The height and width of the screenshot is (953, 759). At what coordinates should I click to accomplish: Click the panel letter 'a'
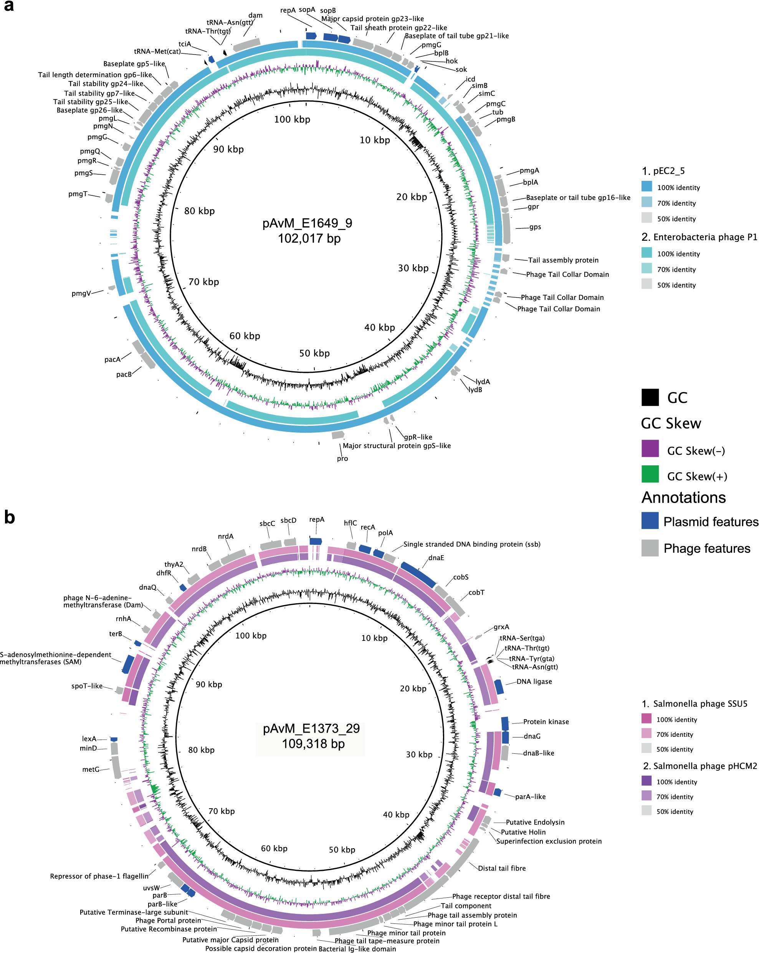click(9, 6)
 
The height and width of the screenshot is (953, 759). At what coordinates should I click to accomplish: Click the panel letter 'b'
click(9, 517)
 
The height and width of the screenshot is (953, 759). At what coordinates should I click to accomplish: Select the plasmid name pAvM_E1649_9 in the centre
click(307, 223)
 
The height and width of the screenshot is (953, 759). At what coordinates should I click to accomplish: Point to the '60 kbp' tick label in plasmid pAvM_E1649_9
click(245, 336)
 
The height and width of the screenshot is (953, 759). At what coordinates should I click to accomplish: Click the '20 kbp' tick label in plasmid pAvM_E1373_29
click(413, 689)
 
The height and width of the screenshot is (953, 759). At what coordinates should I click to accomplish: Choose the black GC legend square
click(650, 397)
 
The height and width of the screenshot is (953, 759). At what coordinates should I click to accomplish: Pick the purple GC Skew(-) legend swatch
click(650, 448)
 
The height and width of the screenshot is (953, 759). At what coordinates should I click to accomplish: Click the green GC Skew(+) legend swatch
click(650, 474)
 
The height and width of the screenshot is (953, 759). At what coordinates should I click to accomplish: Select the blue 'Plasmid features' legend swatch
click(650, 521)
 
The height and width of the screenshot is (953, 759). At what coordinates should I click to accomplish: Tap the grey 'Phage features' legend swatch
click(650, 548)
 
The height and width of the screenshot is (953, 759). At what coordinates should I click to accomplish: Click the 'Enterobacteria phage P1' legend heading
click(705, 237)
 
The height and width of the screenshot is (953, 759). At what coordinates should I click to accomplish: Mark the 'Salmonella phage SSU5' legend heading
click(700, 704)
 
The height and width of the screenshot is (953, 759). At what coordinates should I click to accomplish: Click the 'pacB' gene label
click(124, 374)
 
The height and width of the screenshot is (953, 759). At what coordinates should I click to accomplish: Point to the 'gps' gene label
click(535, 227)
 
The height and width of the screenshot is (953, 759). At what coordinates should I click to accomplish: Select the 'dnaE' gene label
click(436, 558)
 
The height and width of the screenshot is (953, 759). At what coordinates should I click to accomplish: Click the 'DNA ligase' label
click(534, 681)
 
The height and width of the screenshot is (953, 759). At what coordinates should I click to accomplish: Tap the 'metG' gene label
click(90, 769)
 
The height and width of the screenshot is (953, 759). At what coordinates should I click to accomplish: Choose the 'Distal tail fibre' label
click(502, 869)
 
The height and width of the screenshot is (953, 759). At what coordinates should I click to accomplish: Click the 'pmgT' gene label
click(78, 194)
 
